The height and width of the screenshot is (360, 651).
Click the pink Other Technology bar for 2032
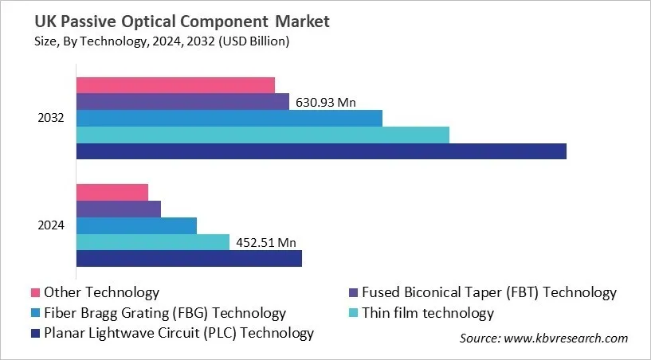[175, 85]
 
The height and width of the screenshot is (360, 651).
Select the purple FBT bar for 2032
[182, 102]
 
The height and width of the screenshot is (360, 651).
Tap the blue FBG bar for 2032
[229, 118]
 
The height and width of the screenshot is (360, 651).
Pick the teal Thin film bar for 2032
[262, 135]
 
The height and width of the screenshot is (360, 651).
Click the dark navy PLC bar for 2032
[321, 151]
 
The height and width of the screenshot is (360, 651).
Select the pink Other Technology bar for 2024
[112, 192]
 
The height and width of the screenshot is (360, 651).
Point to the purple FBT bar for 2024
[119, 209]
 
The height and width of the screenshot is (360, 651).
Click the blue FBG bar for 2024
[136, 225]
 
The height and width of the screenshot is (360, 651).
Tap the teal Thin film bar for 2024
[153, 242]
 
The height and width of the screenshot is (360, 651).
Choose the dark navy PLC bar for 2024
[189, 258]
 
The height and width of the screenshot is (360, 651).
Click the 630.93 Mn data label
[326, 102]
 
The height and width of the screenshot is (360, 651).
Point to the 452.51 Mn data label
[265, 243]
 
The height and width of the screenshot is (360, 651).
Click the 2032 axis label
[52, 118]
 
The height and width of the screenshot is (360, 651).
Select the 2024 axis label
[52, 225]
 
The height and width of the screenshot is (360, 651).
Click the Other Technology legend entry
[101, 292]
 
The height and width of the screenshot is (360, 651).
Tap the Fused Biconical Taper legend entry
[488, 292]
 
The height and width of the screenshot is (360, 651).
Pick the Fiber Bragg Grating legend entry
[164, 313]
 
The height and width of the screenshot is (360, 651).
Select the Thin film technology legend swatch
[354, 313]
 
